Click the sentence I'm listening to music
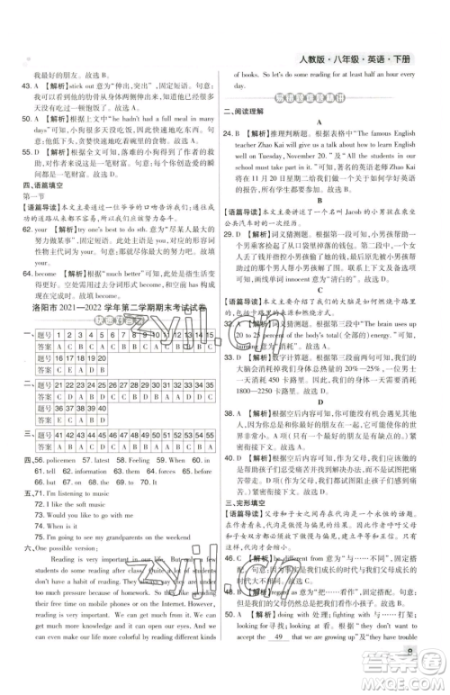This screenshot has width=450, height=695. tap(77, 494)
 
